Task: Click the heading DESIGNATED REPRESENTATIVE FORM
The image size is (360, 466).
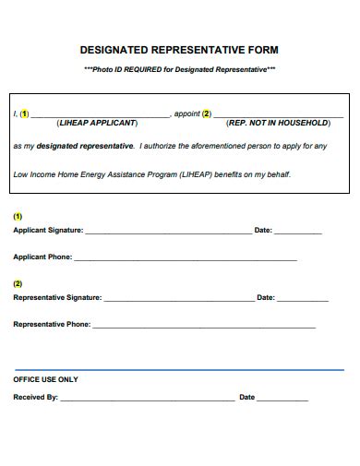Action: [179, 51]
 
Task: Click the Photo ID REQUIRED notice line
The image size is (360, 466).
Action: [179, 70]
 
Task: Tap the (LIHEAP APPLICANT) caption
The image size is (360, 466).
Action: [97, 123]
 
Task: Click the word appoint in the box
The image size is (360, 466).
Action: [187, 114]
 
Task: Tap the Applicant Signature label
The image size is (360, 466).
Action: [48, 230]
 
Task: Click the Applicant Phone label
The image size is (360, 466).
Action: [42, 257]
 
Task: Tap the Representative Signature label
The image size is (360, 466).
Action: [57, 298]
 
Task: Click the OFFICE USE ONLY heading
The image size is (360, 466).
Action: [45, 379]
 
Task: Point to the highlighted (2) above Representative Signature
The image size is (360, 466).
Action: [18, 283]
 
